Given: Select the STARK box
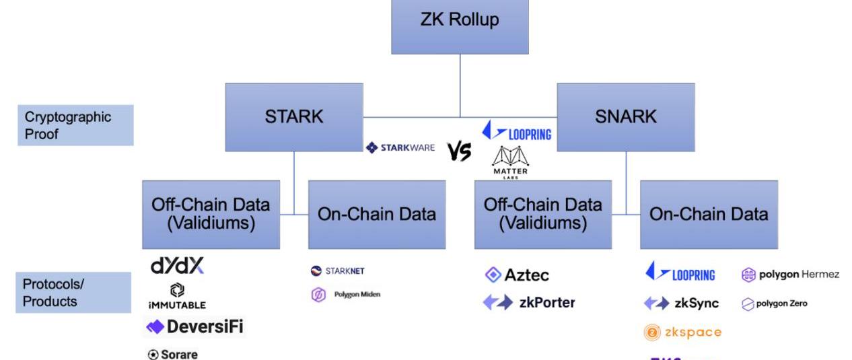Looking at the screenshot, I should point(294,116).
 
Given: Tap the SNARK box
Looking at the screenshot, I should point(626,116).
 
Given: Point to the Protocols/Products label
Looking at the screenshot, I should point(73,292).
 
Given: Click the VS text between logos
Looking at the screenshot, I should point(459,153).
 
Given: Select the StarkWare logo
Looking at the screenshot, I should point(400,147).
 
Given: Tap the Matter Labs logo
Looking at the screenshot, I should point(511,162).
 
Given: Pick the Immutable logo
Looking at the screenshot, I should point(177,297).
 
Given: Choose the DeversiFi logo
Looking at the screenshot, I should point(194,328).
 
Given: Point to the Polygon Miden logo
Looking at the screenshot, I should point(345,295).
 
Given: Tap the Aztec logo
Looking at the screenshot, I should point(517,275).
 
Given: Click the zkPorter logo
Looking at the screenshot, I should point(529,302).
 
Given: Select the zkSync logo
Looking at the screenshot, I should point(680,303).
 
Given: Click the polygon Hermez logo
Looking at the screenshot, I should point(789,275).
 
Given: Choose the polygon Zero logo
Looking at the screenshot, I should point(775,303).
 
